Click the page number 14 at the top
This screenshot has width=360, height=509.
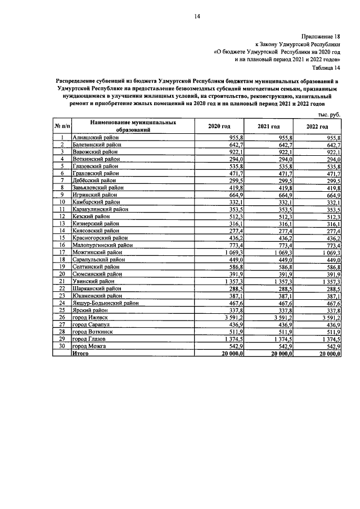198,16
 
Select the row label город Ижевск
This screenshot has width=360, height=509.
91,317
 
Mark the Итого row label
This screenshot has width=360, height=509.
82,354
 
